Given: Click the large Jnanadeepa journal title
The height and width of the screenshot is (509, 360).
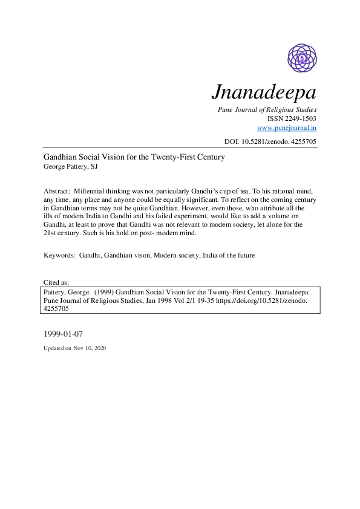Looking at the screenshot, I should coord(264,92).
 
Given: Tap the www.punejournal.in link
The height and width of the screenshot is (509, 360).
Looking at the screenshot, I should coord(287,128).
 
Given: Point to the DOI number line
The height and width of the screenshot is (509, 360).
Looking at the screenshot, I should coord(270,141).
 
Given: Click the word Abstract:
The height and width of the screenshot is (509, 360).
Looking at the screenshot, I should coord(57,190).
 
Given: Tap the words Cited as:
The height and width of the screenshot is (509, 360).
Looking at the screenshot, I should coord(56,282).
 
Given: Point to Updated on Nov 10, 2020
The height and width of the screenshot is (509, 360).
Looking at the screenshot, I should coord(74,349).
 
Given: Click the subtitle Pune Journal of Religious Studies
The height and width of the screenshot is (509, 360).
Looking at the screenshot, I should coord(267,110).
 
